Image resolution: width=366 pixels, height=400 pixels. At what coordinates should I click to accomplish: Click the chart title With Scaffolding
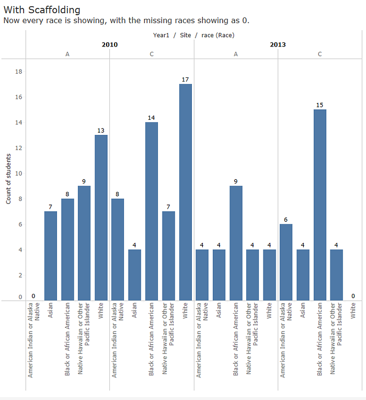[42, 10]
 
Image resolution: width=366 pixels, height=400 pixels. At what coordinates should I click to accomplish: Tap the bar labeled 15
[319, 204]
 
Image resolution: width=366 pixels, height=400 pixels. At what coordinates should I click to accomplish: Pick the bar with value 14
[152, 211]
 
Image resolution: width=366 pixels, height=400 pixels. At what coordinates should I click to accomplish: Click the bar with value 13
[101, 218]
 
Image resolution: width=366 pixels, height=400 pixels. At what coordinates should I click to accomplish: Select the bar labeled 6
[285, 262]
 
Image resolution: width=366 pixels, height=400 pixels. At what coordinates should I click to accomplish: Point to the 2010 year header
[109, 44]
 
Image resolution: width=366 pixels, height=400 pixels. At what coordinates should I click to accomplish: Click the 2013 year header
[278, 44]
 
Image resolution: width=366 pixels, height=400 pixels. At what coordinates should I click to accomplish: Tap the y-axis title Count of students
[9, 179]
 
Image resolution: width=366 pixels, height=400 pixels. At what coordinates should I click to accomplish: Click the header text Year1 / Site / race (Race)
[193, 35]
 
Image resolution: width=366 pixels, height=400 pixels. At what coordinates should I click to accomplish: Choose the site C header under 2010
[152, 54]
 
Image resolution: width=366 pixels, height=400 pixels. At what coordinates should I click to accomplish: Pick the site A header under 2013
[236, 54]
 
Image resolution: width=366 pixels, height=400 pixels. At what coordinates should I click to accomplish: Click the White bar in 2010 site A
[101, 218]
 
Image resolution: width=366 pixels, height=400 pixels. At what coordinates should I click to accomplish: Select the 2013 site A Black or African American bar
[235, 243]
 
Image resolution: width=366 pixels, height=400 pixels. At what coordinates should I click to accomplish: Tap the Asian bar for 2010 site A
[51, 256]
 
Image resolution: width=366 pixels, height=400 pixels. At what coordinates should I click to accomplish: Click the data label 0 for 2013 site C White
[353, 296]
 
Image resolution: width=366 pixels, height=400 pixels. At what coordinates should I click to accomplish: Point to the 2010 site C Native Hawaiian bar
[168, 256]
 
